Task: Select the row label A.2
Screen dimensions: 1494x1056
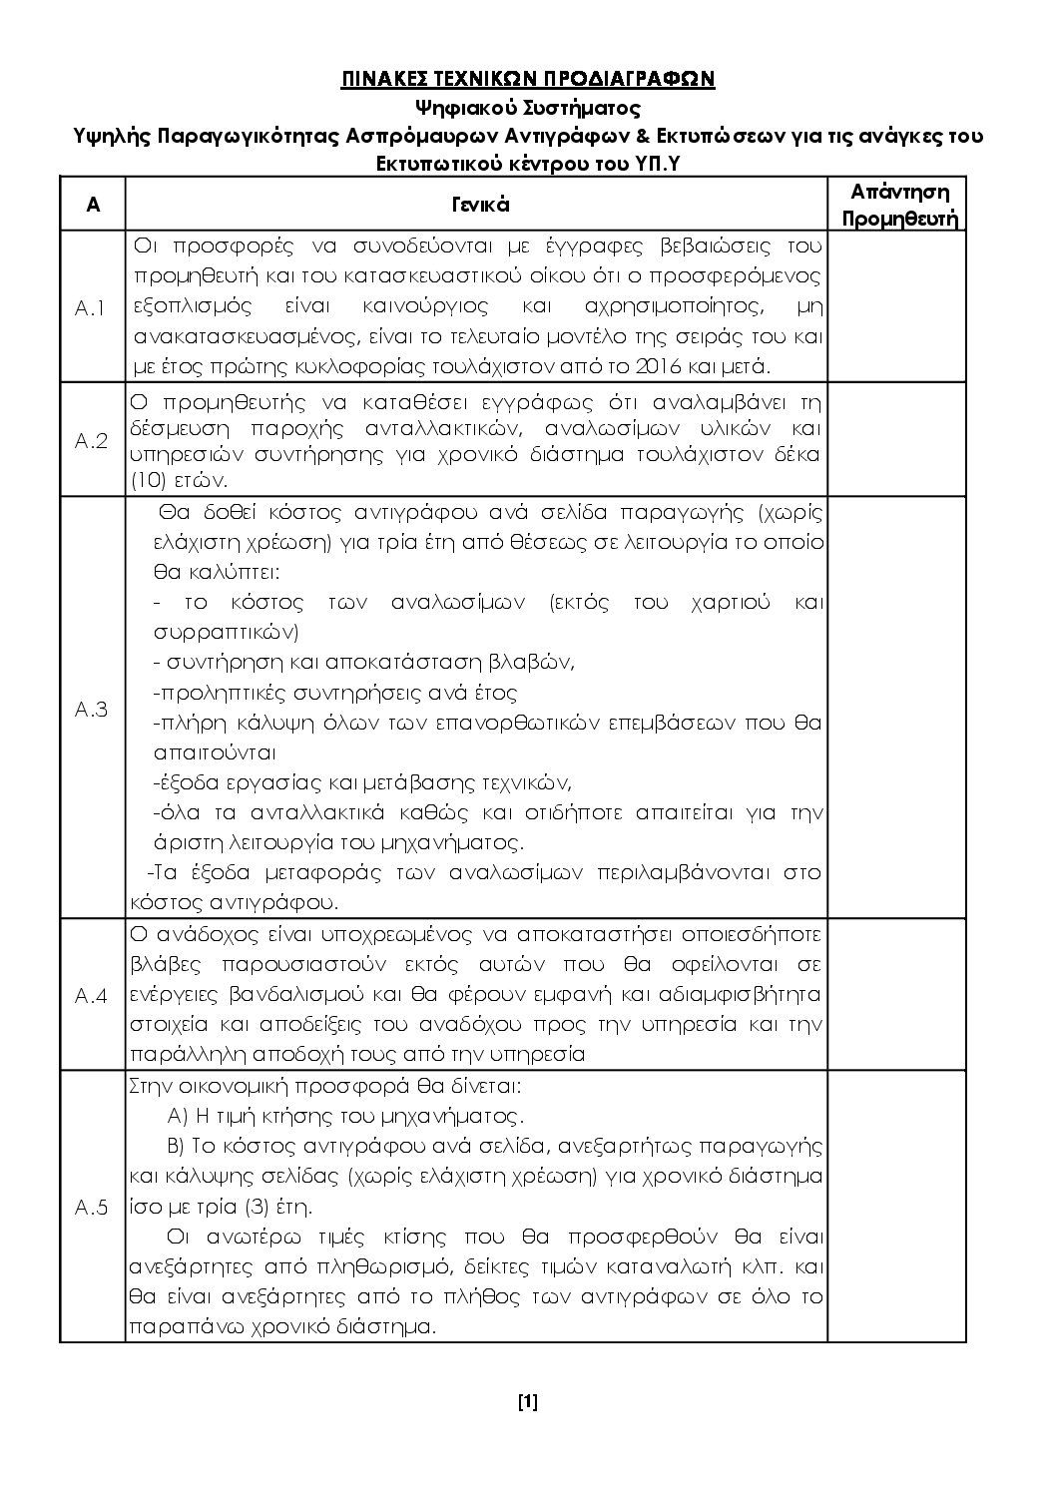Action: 91,441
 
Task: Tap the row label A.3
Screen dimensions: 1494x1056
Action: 91,710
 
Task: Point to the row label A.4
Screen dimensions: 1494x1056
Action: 91,996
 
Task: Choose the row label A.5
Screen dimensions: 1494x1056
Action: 91,1208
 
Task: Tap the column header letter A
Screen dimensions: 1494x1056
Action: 92,205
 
